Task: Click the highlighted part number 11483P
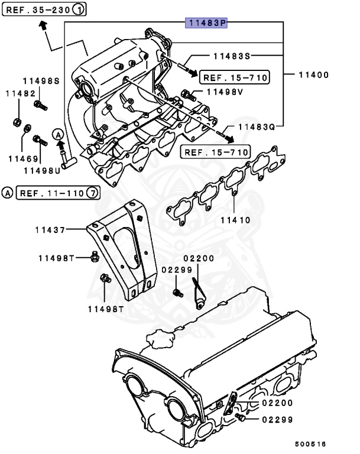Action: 206,23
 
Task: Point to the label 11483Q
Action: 257,127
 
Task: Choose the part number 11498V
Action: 225,92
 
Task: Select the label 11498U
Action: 42,170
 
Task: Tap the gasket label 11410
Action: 236,220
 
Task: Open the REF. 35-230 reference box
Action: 38,10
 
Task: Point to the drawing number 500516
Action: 310,443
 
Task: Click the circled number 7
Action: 92,193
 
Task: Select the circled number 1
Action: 79,10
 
